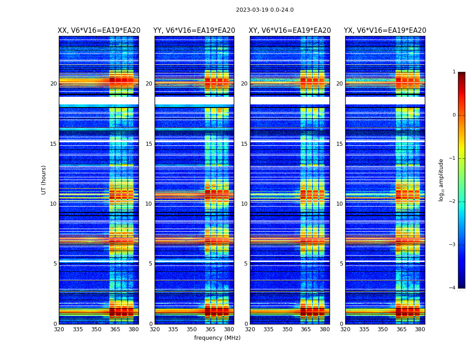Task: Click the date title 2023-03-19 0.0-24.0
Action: point(265,10)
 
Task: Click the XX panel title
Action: point(99,31)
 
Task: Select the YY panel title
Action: point(194,31)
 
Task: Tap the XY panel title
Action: point(290,31)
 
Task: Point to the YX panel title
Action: point(385,31)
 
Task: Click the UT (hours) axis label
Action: point(44,180)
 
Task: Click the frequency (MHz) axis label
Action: point(217,338)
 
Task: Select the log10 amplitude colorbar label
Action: point(441,180)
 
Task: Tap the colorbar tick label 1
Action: point(454,72)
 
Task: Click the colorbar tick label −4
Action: point(453,288)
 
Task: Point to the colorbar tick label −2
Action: point(453,202)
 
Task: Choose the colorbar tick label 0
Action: point(454,115)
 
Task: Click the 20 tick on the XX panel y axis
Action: point(53,84)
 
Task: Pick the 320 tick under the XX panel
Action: point(59,329)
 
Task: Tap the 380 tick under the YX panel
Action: point(420,329)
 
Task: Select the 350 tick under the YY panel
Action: point(192,329)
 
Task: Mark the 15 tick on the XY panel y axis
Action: point(244,144)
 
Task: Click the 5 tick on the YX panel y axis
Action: point(341,264)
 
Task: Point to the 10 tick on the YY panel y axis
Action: point(149,204)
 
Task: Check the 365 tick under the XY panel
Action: point(306,329)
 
